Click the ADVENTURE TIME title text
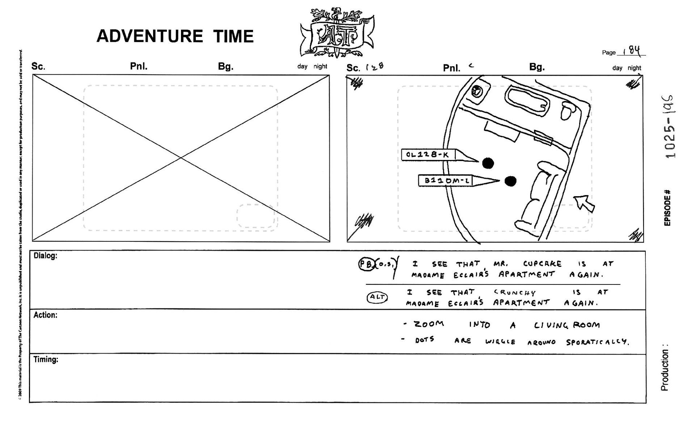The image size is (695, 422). pos(175,36)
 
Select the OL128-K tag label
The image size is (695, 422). pos(427,155)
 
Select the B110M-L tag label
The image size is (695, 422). pos(447,180)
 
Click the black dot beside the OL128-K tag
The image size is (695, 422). pos(488,163)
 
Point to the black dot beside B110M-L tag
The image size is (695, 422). pos(510,181)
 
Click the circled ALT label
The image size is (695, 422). pos(377,297)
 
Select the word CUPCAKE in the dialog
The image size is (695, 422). pos(542,264)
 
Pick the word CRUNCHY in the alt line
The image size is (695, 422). pos(514,292)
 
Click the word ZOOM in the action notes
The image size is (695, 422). pos(429,324)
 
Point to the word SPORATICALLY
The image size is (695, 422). pos(597,342)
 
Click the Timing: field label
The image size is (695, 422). pos(46,359)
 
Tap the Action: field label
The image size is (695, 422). pos(45,315)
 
